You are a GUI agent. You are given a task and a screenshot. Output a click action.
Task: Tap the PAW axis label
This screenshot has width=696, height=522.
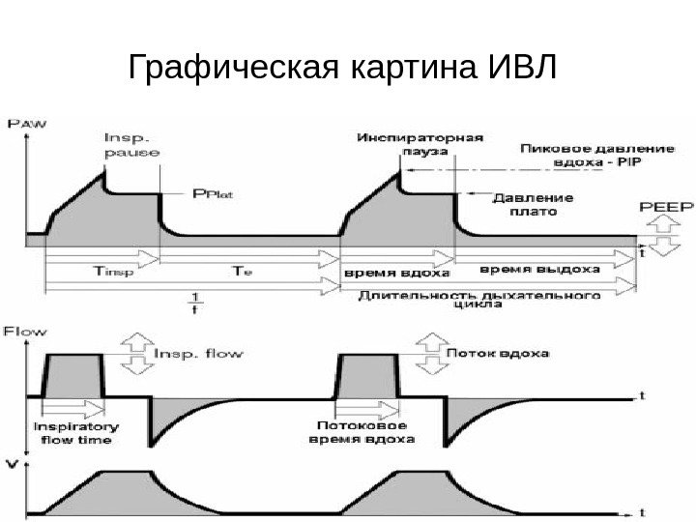tap(27, 123)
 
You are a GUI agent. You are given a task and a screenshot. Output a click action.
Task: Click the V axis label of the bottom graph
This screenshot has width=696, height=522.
tap(12, 463)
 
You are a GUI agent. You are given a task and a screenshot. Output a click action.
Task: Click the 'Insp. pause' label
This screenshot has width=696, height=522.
tap(130, 144)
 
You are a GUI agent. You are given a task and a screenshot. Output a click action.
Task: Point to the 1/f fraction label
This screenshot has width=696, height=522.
tap(196, 302)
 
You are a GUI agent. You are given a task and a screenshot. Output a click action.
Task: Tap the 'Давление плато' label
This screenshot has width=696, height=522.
tap(532, 205)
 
